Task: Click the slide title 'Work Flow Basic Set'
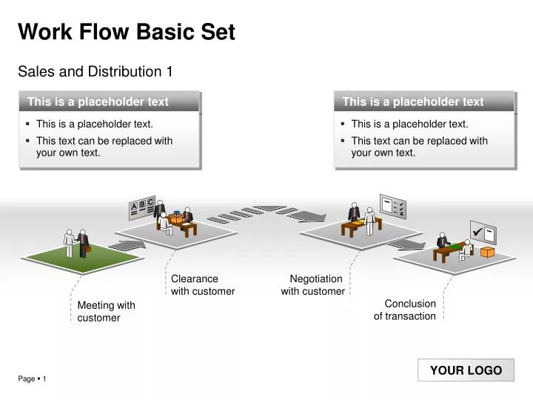coord(126,33)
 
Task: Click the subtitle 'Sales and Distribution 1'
coord(95,72)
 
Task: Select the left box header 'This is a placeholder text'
coord(98,102)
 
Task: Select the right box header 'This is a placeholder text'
coord(413,102)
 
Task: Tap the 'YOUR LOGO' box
coord(466,370)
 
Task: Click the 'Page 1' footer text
coord(32,379)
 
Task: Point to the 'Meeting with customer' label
coord(106,311)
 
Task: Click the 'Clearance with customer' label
coord(202,285)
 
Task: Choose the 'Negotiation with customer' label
coord(313,285)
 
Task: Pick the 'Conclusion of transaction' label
coord(405,310)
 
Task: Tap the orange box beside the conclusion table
coord(487,252)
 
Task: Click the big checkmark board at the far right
coord(483,233)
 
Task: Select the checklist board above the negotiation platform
coord(392,207)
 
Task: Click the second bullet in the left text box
coord(104,147)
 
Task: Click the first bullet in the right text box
coord(409,124)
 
